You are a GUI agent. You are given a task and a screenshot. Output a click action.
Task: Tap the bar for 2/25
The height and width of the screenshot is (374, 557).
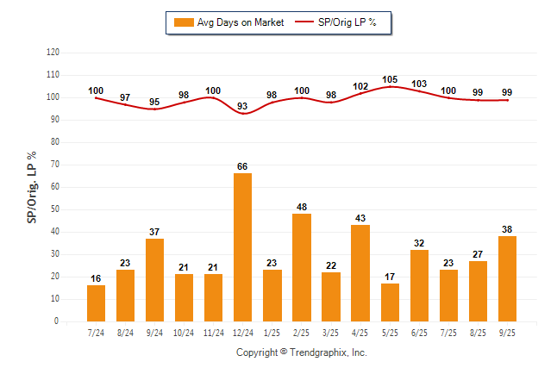pos(302,267)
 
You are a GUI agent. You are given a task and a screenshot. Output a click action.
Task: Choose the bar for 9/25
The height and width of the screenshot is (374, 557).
pos(507,278)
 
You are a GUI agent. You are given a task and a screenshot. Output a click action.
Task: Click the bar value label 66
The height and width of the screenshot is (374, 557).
pos(243,166)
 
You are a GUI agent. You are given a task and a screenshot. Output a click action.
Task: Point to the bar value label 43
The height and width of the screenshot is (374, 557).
pos(360,218)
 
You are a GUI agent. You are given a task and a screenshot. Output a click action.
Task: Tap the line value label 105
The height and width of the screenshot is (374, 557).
pos(390,79)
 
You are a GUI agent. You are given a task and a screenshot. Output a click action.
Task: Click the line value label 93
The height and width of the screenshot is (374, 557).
pos(243,106)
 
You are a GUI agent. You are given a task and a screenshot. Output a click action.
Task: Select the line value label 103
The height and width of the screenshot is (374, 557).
pos(419,84)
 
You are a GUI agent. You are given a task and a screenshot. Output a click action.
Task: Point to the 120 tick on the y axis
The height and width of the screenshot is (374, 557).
pos(53,53)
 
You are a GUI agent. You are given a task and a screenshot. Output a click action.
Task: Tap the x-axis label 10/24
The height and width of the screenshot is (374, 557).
pos(185,332)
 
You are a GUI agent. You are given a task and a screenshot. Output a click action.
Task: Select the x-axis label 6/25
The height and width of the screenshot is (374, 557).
pos(419,332)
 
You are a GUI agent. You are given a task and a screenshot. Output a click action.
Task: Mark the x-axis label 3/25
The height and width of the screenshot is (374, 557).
pos(331,332)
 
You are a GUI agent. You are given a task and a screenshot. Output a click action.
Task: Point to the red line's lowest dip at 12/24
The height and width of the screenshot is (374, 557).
pos(243,114)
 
